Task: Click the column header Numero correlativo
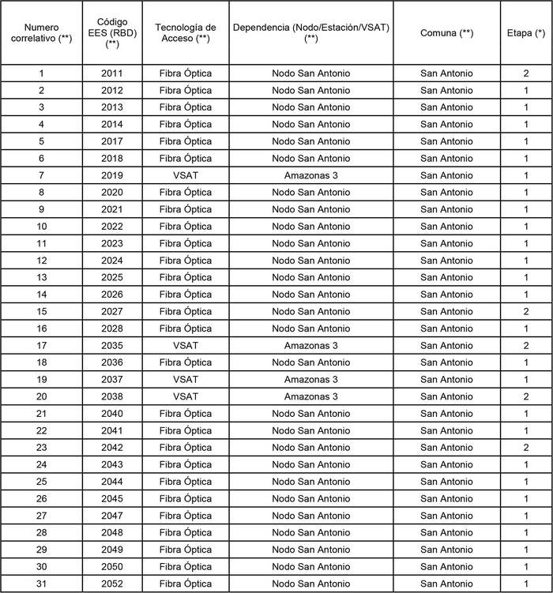click(41, 33)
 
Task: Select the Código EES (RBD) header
click(112, 33)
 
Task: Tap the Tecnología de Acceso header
click(186, 33)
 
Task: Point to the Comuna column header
click(446, 33)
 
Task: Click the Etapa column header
click(526, 33)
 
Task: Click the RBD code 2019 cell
click(112, 175)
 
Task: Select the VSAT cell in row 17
click(186, 346)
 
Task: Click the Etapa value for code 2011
click(526, 73)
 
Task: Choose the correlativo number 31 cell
click(41, 584)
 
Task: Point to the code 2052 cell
click(112, 584)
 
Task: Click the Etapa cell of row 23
click(526, 448)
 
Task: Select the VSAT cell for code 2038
click(186, 396)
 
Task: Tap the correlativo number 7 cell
click(41, 175)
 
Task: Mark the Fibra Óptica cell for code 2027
click(186, 312)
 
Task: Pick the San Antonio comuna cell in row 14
click(446, 295)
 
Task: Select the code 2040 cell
click(112, 414)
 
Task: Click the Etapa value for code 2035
click(526, 346)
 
